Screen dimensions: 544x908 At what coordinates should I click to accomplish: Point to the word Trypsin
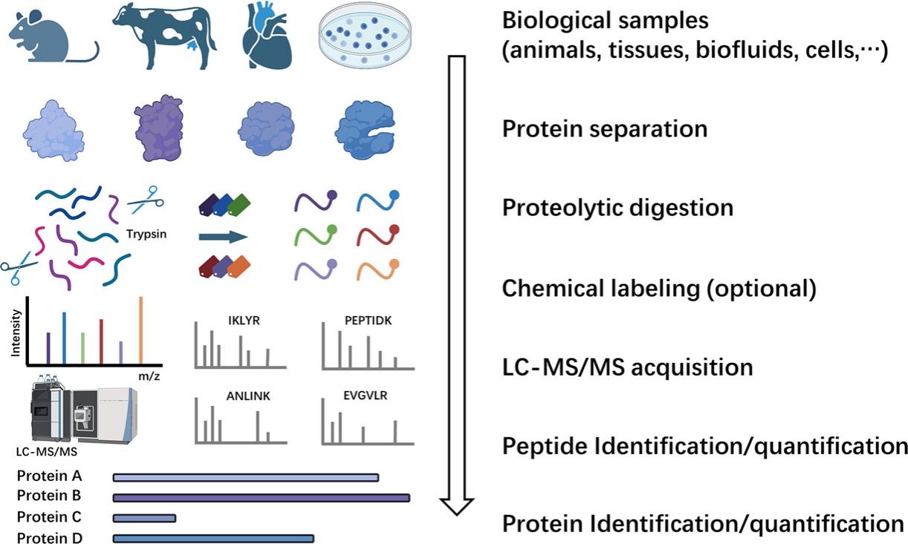146,235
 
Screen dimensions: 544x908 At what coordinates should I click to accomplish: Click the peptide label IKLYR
245,321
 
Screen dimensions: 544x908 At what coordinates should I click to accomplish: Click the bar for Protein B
261,497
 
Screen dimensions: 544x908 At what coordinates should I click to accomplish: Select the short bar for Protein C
144,517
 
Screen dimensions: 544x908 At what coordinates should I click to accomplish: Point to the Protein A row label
49,476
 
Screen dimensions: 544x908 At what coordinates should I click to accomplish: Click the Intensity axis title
17,332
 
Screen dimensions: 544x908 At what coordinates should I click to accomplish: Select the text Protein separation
604,129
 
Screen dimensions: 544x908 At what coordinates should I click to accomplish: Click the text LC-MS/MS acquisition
627,367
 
